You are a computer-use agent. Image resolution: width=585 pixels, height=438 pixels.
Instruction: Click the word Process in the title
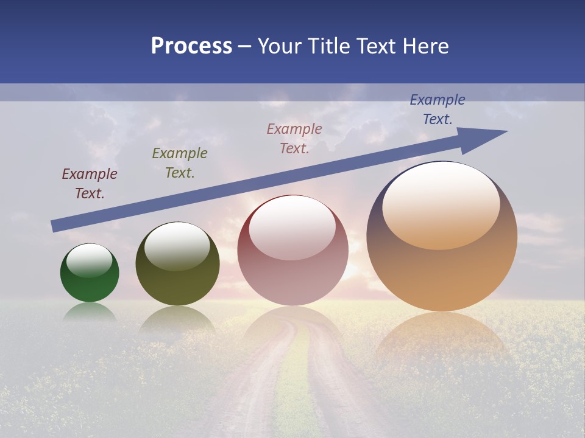[191, 46]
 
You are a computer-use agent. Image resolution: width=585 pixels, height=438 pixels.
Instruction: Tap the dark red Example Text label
[90, 183]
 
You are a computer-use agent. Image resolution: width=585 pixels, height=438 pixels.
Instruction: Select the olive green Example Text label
[180, 162]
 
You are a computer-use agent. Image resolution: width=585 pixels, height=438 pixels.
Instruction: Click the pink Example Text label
[294, 138]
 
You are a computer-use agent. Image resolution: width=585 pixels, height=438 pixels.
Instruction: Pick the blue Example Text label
[438, 109]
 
